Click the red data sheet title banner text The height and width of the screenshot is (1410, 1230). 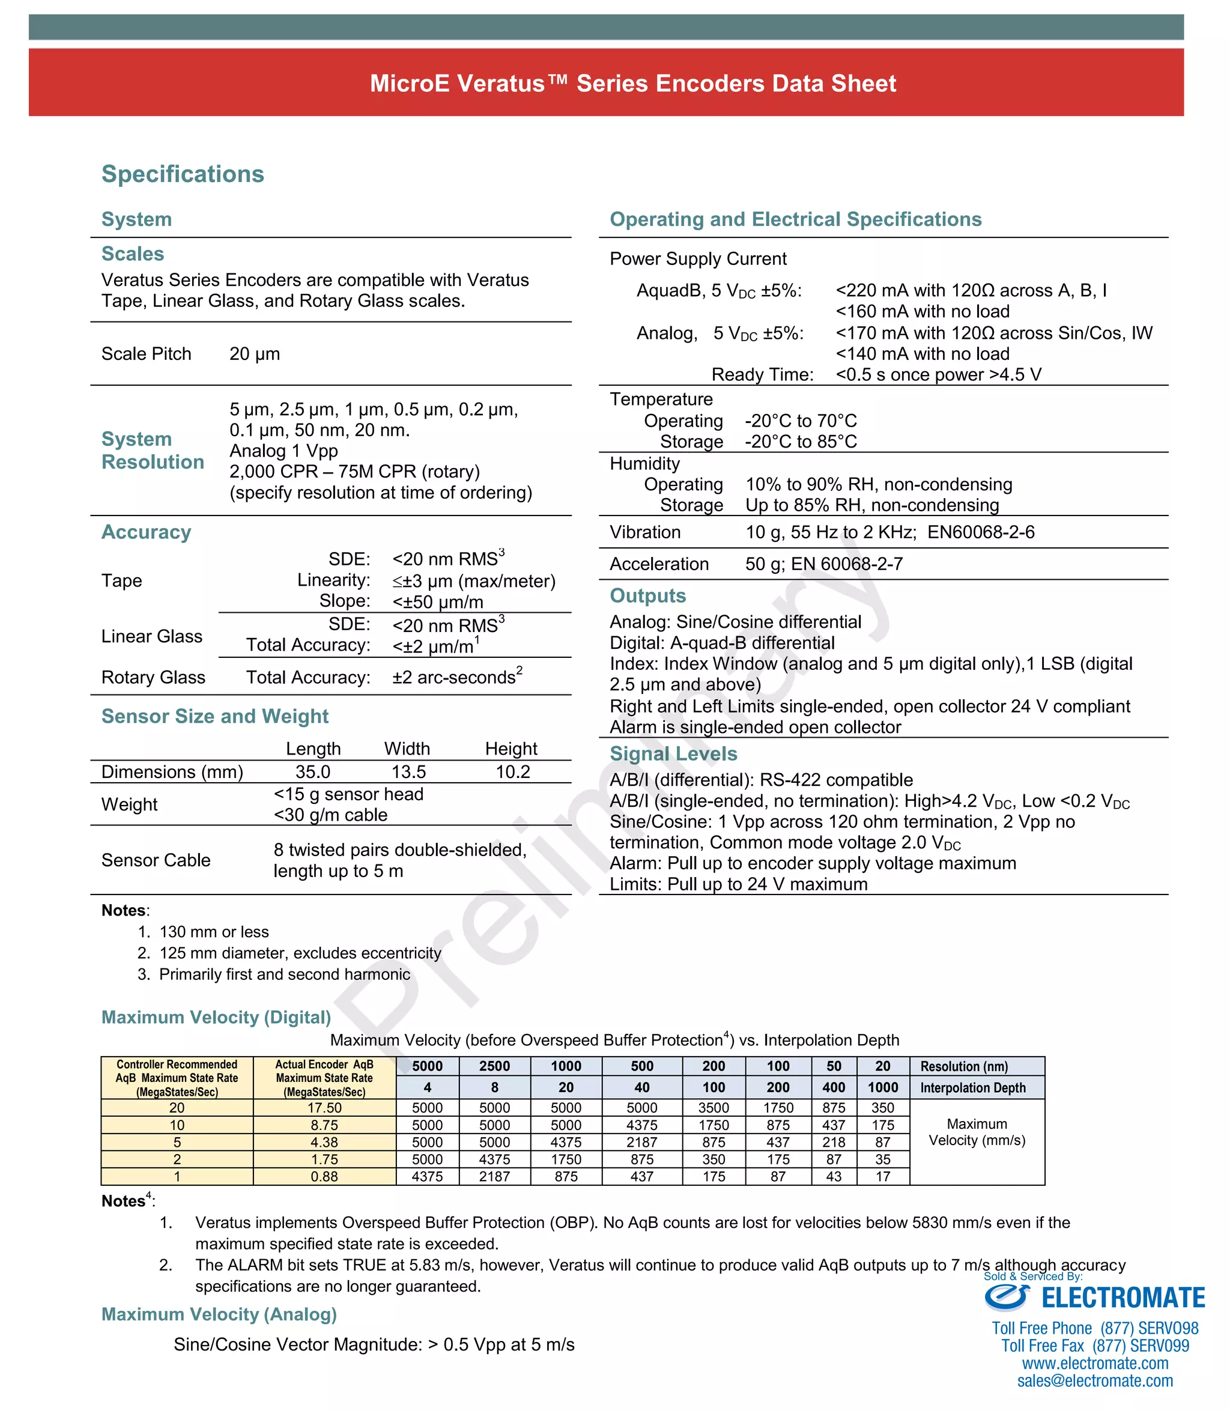(x=632, y=84)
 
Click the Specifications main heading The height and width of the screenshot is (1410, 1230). (x=183, y=174)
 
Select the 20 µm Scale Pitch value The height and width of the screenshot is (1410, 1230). (x=255, y=354)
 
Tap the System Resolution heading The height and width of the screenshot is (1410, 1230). (x=153, y=451)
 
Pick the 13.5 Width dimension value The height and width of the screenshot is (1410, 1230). (x=408, y=771)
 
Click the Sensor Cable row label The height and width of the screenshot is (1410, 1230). (x=156, y=860)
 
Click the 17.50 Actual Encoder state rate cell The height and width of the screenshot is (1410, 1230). (x=325, y=1108)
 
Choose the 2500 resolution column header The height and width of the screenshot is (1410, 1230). (x=494, y=1066)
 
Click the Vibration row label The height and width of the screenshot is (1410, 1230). (x=645, y=532)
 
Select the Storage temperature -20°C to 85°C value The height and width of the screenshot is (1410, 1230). (x=801, y=442)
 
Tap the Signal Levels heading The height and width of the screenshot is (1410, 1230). (x=673, y=754)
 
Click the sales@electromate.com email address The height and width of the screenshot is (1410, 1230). (x=1095, y=1381)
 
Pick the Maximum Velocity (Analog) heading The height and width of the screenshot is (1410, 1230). (x=219, y=1314)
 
